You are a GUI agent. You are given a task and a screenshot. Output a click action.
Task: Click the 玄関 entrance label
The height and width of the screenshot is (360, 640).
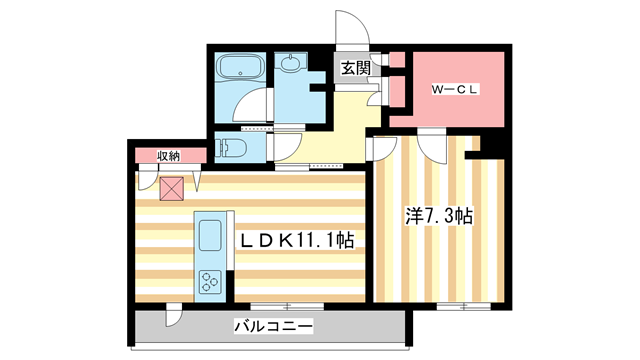pos(355,68)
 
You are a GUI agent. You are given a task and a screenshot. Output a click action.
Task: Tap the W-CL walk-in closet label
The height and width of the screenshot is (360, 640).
pos(456,90)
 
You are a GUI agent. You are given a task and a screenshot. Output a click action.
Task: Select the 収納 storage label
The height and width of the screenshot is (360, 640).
pos(168,155)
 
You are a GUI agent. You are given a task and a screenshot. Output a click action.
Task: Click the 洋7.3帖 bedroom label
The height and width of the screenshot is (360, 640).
pos(438,215)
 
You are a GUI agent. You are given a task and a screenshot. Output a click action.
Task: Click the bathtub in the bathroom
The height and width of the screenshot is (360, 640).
pos(237,69)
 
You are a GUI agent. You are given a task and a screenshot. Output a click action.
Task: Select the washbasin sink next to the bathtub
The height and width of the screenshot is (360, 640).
pos(291,66)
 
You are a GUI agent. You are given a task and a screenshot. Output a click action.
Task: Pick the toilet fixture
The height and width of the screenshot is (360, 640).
pos(233,149)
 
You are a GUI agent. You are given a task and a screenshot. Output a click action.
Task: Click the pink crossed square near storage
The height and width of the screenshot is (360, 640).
pos(172,187)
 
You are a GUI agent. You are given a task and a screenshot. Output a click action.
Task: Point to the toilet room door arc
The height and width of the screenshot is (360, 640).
pos(284,146)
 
